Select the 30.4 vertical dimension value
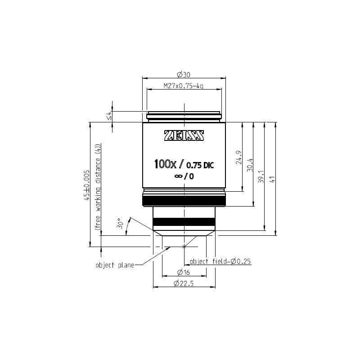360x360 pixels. click(249, 165)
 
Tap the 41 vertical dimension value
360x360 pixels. click(271, 179)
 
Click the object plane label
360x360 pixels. click(115, 265)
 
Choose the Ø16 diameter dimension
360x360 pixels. click(184, 272)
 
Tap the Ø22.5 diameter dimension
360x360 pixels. click(184, 283)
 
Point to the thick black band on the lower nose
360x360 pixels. click(184, 221)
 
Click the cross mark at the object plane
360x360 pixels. click(184, 246)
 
